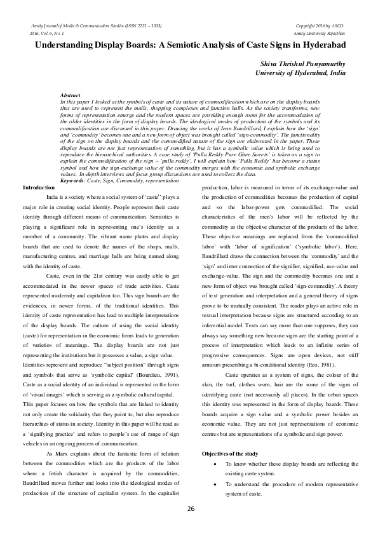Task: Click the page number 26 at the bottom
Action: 189,509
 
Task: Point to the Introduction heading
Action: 39,170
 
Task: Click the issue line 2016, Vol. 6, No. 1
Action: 45,32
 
